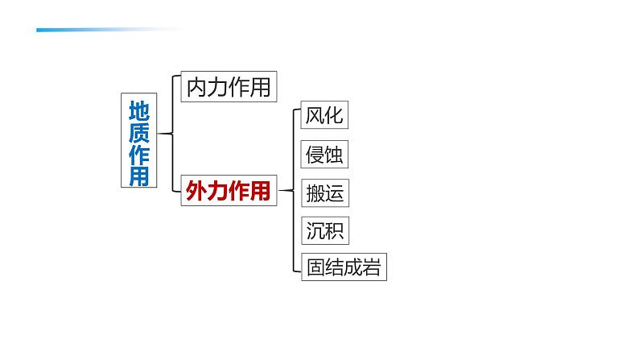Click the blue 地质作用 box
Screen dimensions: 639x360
tap(139, 142)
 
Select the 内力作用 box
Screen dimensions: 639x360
tap(229, 87)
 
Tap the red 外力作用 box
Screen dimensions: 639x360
tap(229, 191)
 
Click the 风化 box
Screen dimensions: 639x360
tap(324, 115)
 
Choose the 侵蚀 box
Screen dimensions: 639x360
tap(324, 154)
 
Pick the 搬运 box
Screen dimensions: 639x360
tap(324, 193)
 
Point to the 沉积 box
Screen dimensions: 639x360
tap(324, 231)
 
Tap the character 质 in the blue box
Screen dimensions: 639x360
tap(139, 130)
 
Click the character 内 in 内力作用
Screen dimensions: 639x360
tap(196, 87)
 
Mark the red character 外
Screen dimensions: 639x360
tap(196, 191)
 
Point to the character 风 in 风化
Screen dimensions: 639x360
tap(315, 115)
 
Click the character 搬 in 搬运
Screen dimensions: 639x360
tap(315, 193)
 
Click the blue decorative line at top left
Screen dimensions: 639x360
tap(105, 31)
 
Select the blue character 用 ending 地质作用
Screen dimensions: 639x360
tap(139, 176)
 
